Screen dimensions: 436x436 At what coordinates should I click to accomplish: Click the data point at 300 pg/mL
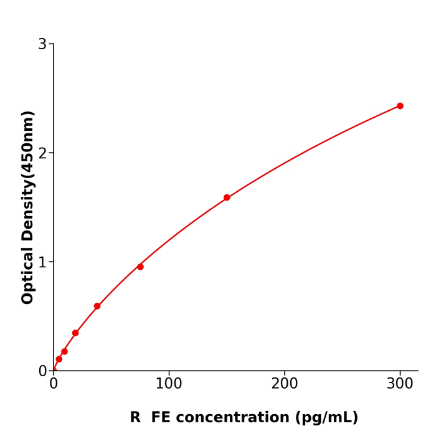click(x=400, y=106)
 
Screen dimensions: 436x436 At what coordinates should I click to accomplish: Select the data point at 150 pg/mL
click(x=227, y=197)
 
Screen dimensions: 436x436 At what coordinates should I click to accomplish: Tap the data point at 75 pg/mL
click(x=140, y=267)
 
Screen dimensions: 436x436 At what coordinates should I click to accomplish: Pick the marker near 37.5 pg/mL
click(x=97, y=306)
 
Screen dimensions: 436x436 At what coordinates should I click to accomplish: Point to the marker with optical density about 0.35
click(x=75, y=333)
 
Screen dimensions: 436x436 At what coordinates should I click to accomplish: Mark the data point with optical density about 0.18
click(x=64, y=352)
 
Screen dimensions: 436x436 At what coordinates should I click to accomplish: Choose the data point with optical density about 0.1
click(x=59, y=359)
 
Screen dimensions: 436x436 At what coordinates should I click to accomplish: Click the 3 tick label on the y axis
click(x=42, y=44)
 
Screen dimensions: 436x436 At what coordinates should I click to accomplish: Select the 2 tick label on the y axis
click(x=42, y=153)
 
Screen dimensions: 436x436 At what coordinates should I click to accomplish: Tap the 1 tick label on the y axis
click(x=42, y=262)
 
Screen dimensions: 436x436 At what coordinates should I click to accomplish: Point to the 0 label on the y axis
click(x=42, y=371)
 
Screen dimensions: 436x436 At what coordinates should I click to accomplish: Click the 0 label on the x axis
click(x=54, y=384)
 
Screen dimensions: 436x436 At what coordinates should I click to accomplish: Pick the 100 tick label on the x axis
click(x=169, y=384)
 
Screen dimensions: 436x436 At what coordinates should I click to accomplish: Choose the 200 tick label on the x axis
click(x=285, y=384)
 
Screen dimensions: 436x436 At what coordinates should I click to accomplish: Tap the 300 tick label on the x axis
click(x=400, y=384)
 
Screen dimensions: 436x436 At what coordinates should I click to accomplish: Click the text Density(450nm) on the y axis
click(x=28, y=177)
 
